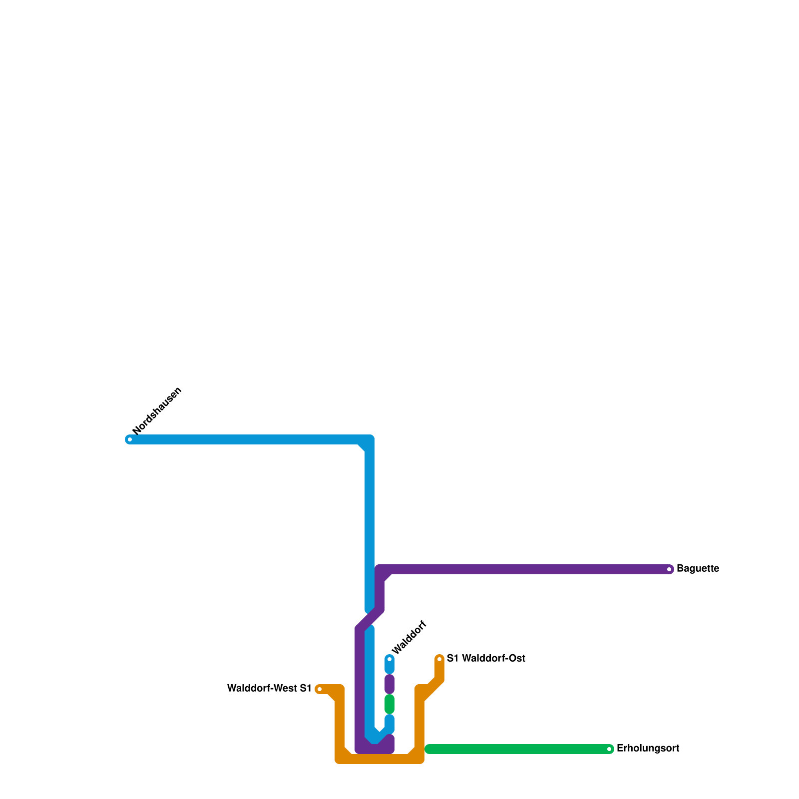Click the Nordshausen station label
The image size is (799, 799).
[x=157, y=411]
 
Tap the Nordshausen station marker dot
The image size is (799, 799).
[x=130, y=439]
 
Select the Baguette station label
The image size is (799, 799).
[x=697, y=569]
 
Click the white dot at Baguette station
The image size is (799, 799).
[x=669, y=569]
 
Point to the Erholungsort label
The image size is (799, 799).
[x=648, y=749]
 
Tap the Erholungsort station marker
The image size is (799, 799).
[x=609, y=749]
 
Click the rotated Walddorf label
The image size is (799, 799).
[x=409, y=637]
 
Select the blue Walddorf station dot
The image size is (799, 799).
[x=390, y=659]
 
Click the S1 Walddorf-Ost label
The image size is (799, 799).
[x=485, y=659]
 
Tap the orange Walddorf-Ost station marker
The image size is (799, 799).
[x=439, y=659]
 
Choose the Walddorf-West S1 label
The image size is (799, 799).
[x=269, y=689]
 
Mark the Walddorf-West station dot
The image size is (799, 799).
[x=320, y=690]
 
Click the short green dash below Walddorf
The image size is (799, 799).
[x=390, y=704]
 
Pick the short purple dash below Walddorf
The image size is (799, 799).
[x=390, y=684]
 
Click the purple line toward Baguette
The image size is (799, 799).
[x=524, y=569]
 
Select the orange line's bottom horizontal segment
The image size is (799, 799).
[x=380, y=759]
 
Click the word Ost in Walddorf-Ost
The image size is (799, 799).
[x=516, y=659]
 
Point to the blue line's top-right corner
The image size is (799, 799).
[x=370, y=439]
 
